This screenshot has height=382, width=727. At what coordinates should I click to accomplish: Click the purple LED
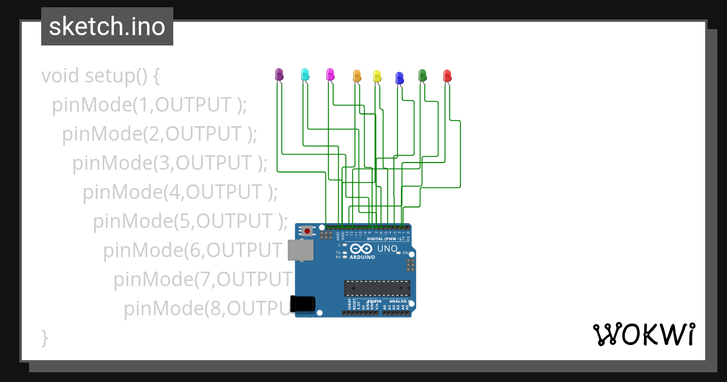(279, 75)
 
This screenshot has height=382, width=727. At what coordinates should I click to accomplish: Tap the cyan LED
(305, 75)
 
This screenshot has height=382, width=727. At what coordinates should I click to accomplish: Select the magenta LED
(330, 75)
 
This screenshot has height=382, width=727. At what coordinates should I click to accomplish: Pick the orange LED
(357, 76)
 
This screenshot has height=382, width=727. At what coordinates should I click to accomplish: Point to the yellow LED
(377, 76)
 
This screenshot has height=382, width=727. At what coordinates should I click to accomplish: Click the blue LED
(399, 78)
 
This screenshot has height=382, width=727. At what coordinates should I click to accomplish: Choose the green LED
(423, 75)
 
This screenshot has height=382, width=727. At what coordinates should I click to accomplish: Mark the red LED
(448, 76)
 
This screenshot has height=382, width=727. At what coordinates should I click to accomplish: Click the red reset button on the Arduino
(308, 231)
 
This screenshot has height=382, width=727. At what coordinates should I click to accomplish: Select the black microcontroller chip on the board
(377, 289)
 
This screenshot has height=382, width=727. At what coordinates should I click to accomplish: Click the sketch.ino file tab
(107, 27)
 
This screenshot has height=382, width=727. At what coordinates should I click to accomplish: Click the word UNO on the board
(387, 249)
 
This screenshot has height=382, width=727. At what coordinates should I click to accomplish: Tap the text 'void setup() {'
(101, 76)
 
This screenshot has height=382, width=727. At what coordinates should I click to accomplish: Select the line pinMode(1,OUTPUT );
(150, 105)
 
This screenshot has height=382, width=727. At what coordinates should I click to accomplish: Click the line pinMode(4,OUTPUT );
(180, 192)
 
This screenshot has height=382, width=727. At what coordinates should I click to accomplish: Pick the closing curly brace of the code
(44, 337)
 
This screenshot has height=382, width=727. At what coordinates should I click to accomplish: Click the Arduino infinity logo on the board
(361, 249)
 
